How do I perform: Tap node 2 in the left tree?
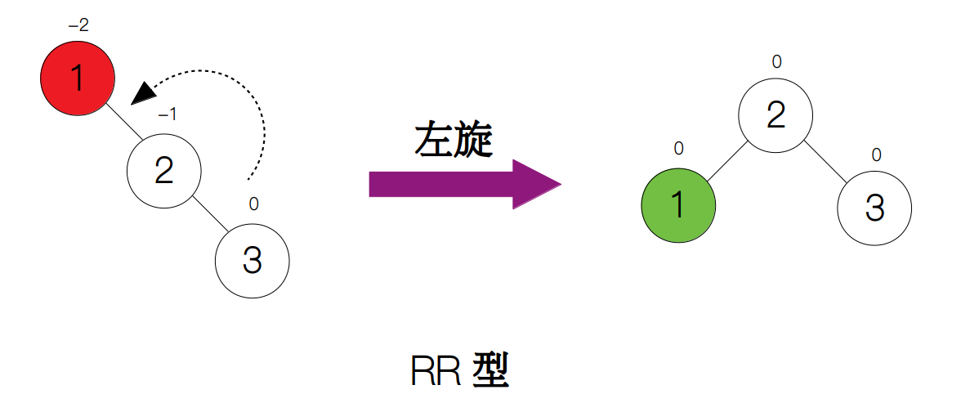164,171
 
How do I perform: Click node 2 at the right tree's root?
776,115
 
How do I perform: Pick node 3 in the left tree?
252,261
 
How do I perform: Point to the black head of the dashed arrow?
143,92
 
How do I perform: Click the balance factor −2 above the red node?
78,25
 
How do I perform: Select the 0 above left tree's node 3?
253,204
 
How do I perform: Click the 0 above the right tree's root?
776,61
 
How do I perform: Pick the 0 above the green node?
678,149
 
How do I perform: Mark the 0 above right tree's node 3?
876,154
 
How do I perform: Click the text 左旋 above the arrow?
454,141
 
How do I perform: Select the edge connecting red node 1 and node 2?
121,125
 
